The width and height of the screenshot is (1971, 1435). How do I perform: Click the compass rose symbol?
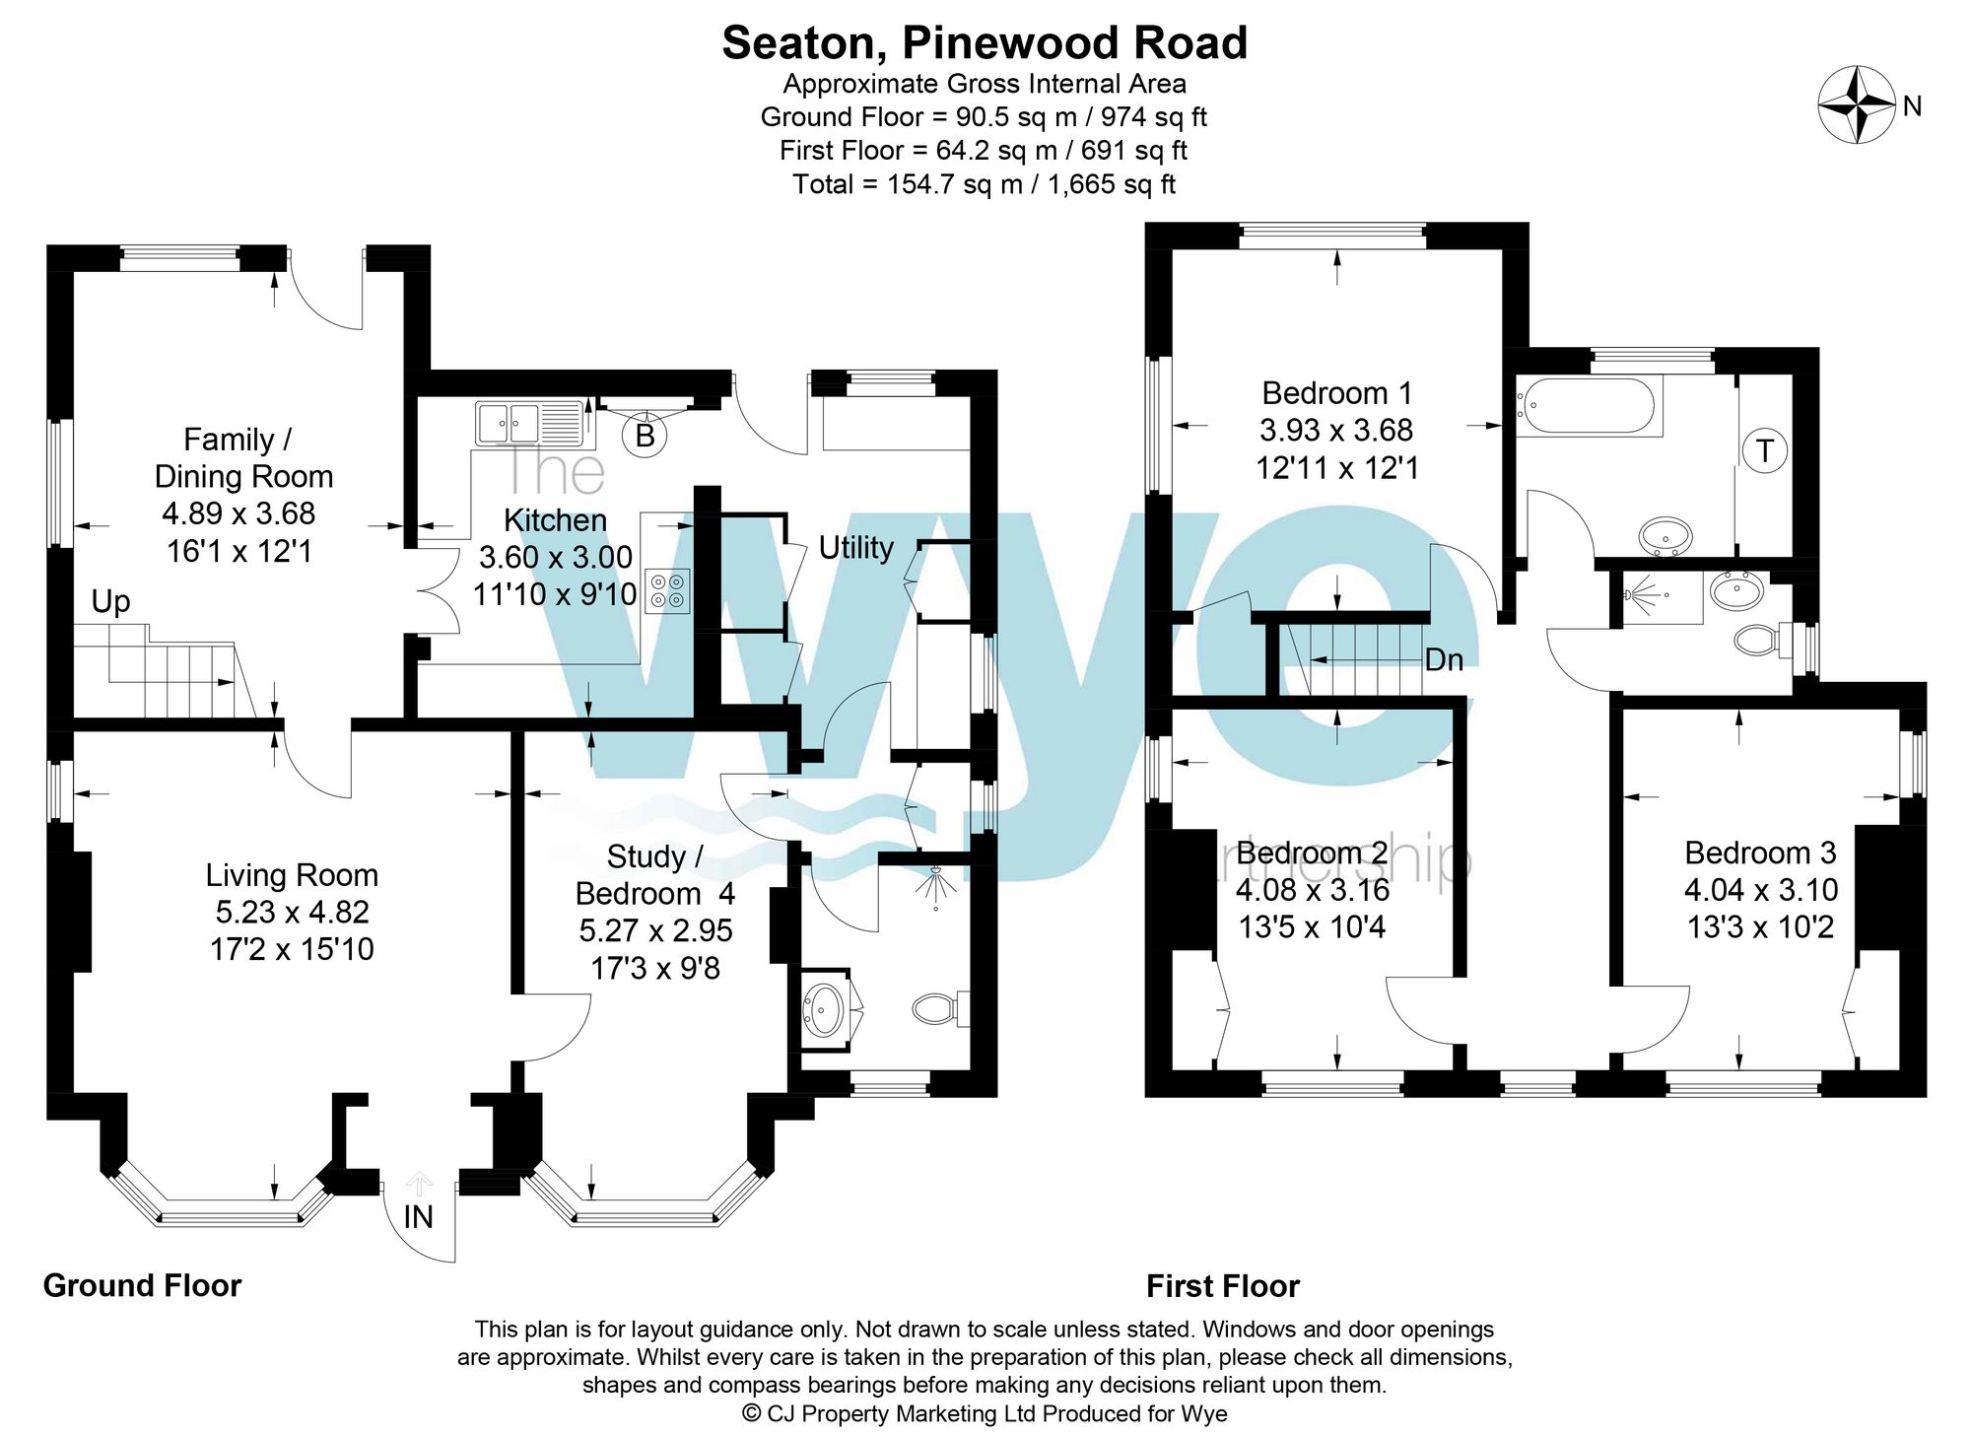pos(1858,104)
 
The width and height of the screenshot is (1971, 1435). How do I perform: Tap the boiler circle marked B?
pos(646,435)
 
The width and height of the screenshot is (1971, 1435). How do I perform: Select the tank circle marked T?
pos(1765,451)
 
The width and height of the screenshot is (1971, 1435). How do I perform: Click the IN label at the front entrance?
pos(419,1217)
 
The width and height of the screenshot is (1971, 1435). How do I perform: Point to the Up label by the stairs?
pos(110,602)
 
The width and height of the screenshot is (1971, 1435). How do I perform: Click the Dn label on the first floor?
pos(1445,659)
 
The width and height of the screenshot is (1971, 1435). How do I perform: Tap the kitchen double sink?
pos(529,424)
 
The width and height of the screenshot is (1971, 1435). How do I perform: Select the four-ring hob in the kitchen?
pos(667,590)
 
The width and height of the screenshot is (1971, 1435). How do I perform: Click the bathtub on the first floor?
pos(1590,405)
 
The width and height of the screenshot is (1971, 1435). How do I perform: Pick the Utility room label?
pos(856,547)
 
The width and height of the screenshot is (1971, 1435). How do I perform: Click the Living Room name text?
pos(292,875)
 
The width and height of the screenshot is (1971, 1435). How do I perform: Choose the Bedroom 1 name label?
pos(1337,393)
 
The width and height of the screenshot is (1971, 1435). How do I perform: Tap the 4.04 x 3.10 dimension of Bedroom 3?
pos(1761,890)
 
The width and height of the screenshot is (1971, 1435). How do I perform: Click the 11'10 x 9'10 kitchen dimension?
pos(555,594)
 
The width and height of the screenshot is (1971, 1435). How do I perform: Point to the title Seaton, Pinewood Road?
pos(985,42)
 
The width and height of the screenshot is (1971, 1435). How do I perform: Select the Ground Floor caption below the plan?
pos(143,1285)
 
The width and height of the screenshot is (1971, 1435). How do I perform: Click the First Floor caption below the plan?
pos(1223,1286)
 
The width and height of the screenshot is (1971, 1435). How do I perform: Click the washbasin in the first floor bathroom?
pos(1666,537)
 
